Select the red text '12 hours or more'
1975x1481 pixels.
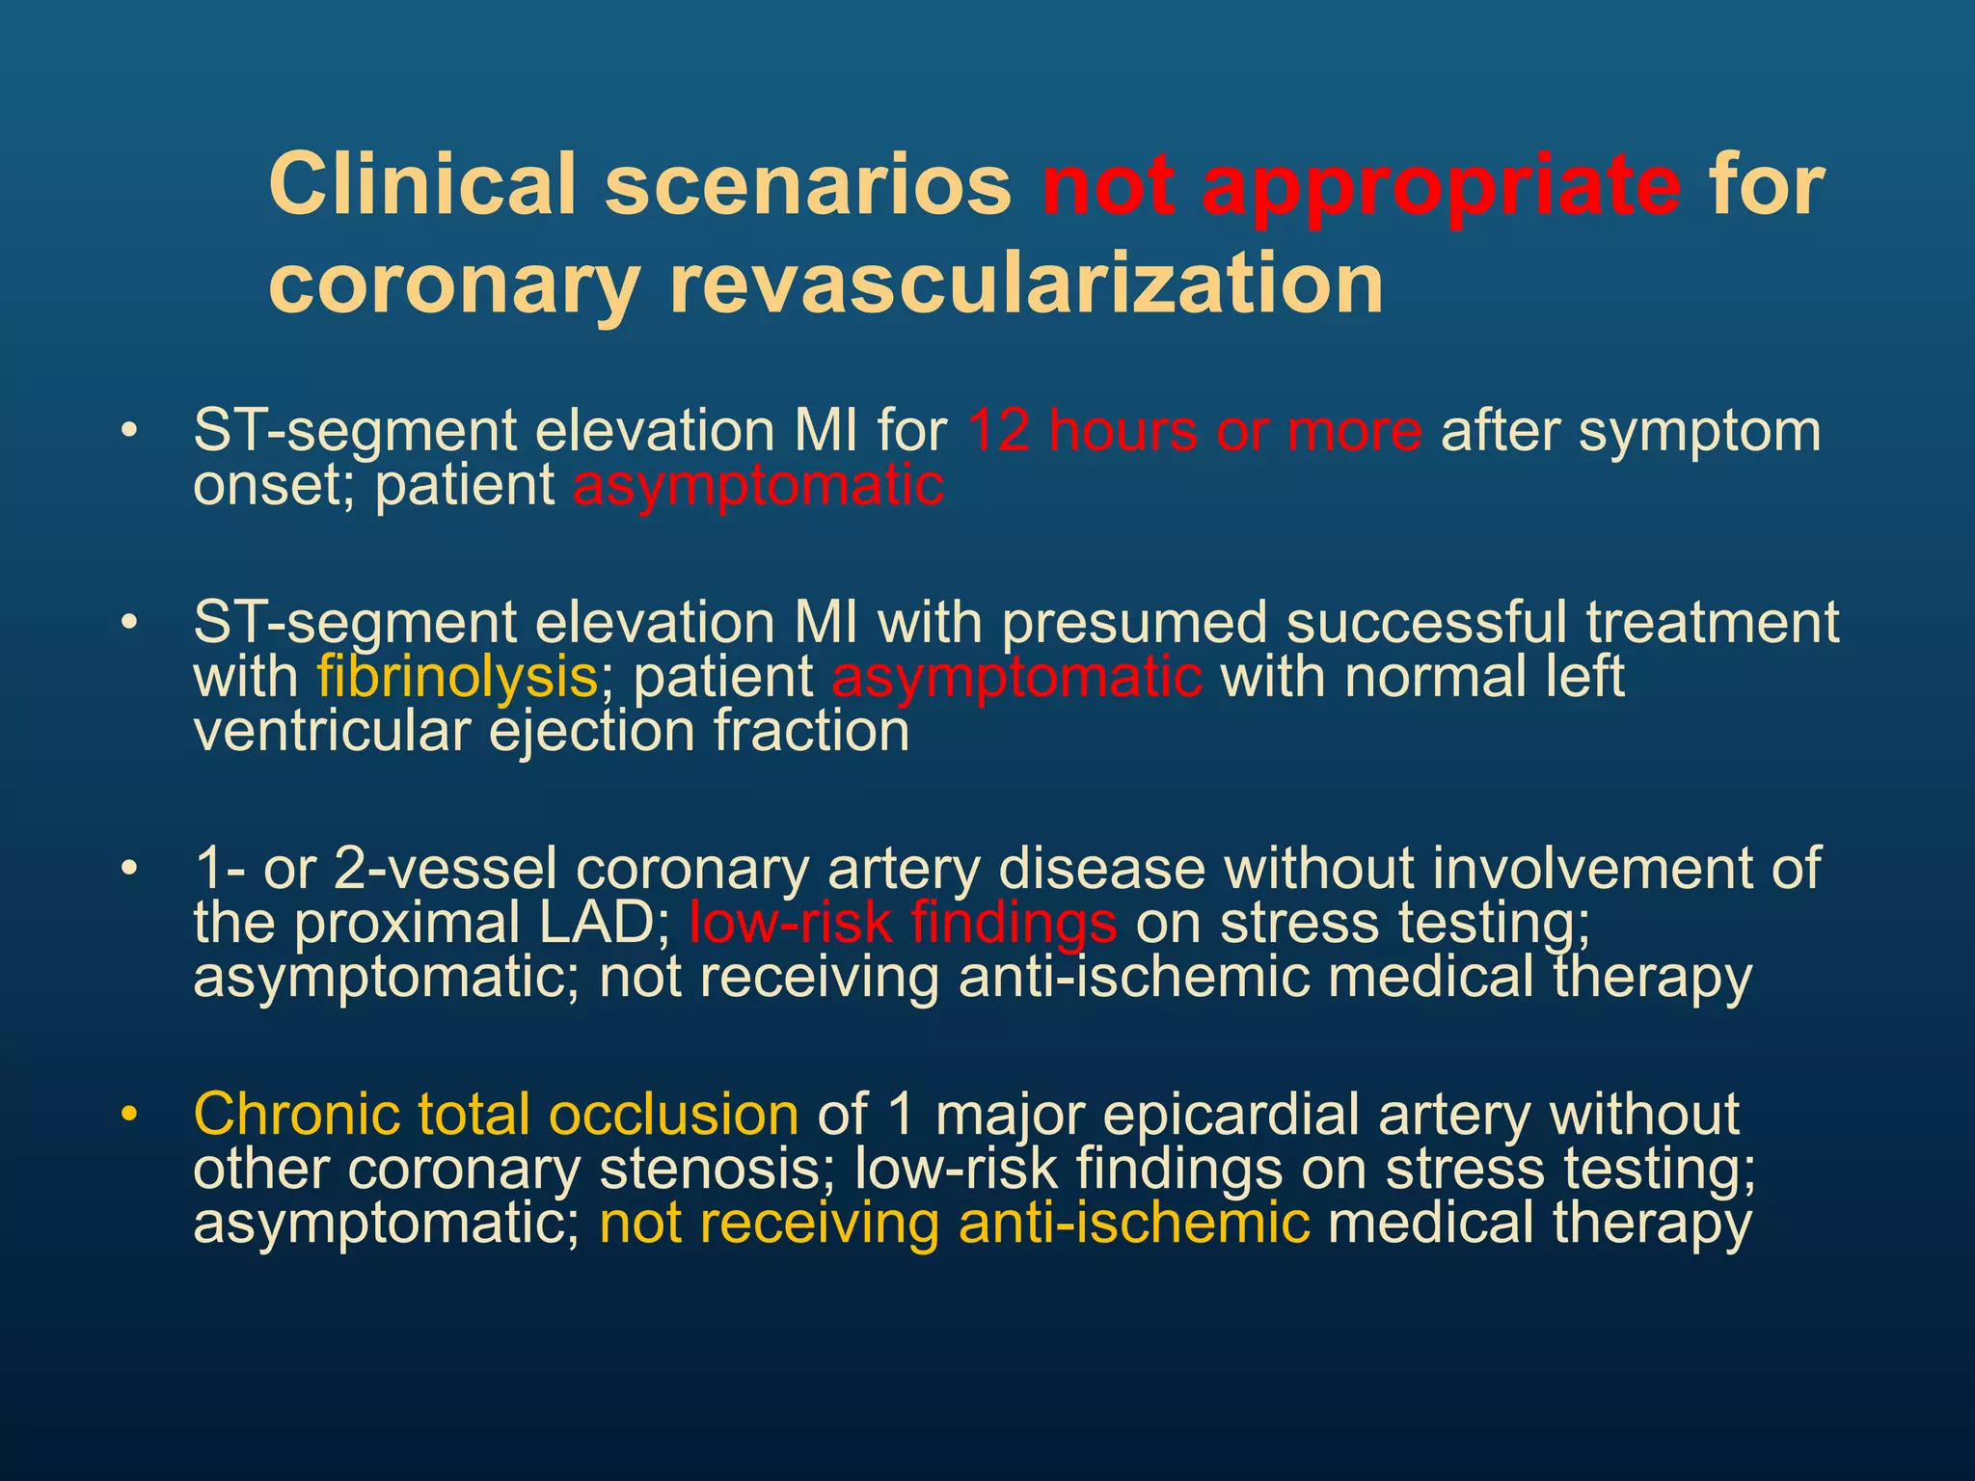pos(1194,430)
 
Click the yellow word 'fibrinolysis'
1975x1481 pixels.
pos(458,677)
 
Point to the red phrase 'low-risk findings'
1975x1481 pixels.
pos(903,923)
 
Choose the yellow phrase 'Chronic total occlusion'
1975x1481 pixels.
pos(496,1115)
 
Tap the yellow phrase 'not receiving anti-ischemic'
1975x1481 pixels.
pos(955,1223)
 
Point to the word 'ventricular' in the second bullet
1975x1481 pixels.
pos(331,731)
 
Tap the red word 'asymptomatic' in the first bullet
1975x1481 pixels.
pos(758,485)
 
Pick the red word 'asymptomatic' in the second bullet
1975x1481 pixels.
pos(1016,677)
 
